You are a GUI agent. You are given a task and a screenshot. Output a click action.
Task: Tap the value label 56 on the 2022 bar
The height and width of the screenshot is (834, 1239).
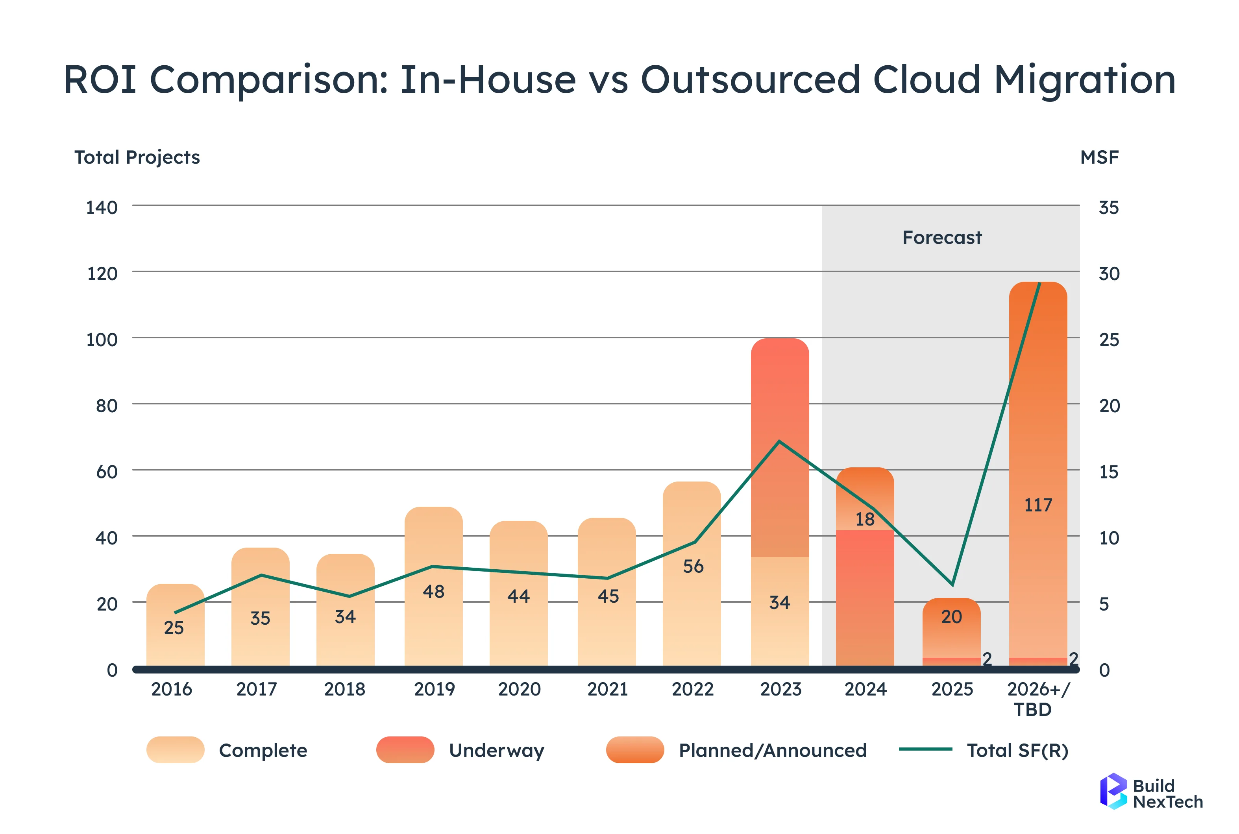coord(693,566)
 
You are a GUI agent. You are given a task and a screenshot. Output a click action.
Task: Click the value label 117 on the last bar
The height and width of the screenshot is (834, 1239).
coord(1038,505)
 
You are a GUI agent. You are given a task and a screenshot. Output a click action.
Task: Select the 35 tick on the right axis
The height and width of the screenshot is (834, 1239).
coord(1109,207)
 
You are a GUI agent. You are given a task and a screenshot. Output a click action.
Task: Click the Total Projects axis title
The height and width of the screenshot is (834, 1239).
coord(137,157)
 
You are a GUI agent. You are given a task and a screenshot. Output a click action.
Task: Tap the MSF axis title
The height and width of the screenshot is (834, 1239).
coord(1099,157)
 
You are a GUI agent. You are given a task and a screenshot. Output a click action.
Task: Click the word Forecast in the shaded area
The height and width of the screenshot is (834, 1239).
coord(941,237)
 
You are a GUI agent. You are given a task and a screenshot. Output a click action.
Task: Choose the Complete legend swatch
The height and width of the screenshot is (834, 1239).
coord(175,750)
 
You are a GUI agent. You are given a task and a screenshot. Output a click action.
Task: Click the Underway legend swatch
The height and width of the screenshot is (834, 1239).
coord(405,750)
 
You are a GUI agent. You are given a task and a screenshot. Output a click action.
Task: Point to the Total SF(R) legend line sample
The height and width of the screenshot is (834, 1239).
coord(925,749)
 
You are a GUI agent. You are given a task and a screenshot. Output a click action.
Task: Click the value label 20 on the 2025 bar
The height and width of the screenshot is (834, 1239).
coord(951,617)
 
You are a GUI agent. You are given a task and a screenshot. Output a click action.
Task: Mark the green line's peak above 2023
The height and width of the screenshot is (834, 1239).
coord(779,441)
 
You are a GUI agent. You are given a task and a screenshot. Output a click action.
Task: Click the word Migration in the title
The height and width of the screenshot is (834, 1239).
coord(1085,80)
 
